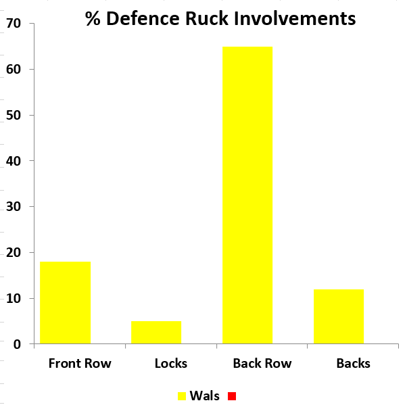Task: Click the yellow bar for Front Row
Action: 65,302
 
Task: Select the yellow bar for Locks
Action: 156,332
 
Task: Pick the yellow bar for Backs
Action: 339,316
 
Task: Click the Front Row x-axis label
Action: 80,363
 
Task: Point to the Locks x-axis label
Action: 170,363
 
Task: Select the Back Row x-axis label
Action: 262,363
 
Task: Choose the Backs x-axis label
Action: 353,363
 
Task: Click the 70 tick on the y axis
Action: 14,24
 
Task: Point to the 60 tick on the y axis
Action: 14,69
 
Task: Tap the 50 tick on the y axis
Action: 14,115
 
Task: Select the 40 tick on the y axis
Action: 14,161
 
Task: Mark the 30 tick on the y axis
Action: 14,206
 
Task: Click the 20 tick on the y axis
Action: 14,252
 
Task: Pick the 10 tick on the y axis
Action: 14,298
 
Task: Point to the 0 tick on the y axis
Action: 18,344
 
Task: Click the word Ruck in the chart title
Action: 197,19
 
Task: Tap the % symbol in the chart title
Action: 93,19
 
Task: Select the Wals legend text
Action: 204,396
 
